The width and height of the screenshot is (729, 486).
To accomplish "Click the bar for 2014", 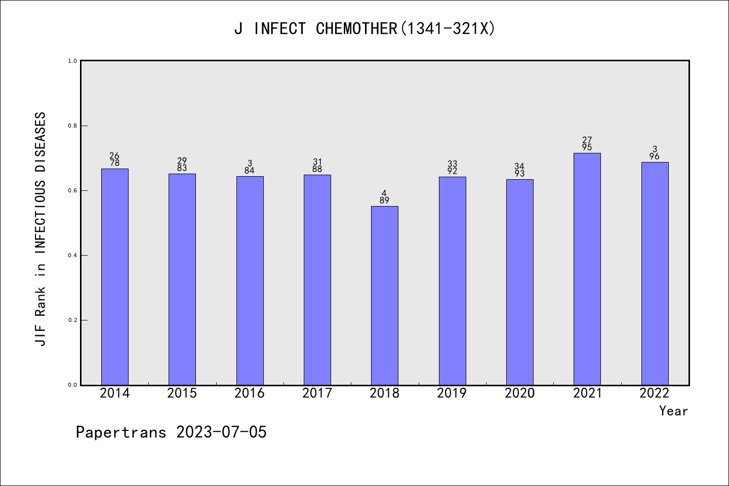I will tap(115, 277).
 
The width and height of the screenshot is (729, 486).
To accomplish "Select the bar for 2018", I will tap(385, 296).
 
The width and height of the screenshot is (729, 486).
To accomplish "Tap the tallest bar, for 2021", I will tap(587, 269).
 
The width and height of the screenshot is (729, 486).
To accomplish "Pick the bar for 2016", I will tap(250, 280).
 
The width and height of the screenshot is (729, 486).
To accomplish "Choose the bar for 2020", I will tap(520, 282).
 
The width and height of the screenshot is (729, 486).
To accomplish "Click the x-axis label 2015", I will tap(182, 393).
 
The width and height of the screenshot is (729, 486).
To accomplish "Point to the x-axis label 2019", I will tap(452, 393).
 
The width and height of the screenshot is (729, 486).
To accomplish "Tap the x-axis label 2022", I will tap(655, 393).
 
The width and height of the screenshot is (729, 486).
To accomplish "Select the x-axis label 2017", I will tap(317, 393).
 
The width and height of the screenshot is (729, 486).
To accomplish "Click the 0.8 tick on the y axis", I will tap(72, 126).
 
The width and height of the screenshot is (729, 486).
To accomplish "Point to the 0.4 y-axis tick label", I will tap(72, 255).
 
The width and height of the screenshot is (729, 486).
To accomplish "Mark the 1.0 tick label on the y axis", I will tap(72, 61).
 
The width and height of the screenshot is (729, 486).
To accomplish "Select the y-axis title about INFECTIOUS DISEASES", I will tap(40, 229).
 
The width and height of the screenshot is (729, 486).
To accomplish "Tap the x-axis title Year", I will tap(673, 411).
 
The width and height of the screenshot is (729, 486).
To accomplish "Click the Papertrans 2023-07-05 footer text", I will tap(171, 432).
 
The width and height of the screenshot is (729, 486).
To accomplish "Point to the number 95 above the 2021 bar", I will tap(587, 147).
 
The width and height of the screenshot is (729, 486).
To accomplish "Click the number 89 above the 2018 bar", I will tap(385, 200).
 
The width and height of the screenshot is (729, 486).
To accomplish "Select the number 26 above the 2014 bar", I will tap(115, 155).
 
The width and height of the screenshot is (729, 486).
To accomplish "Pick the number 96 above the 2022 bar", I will tap(655, 156).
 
